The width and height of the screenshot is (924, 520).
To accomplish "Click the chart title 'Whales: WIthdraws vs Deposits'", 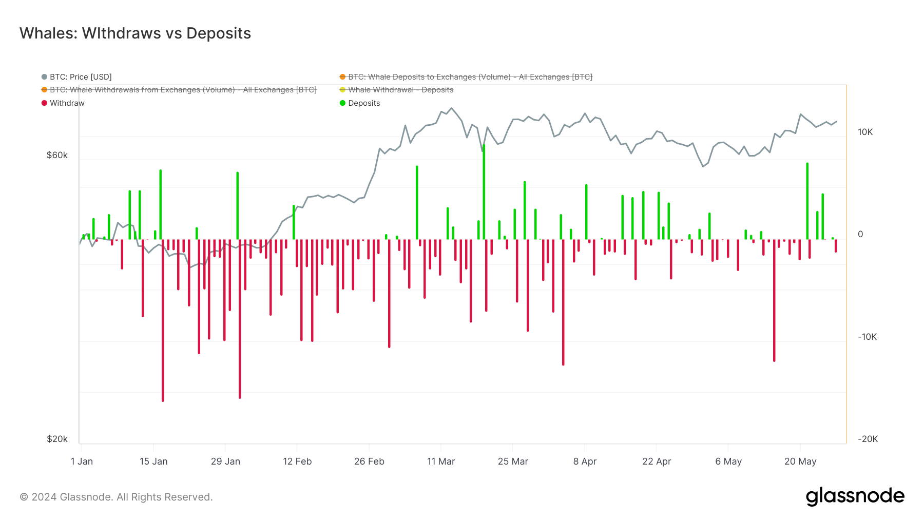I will (135, 33).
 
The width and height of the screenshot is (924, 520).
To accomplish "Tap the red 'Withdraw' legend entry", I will (67, 103).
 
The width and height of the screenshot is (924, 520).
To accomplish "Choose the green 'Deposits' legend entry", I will (363, 103).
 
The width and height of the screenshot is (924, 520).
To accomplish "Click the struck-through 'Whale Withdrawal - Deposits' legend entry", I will (400, 90).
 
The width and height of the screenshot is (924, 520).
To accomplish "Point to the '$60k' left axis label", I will (57, 155).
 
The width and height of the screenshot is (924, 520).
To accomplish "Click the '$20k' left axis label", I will (57, 439).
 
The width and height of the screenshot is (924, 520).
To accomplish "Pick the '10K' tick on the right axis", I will (865, 132).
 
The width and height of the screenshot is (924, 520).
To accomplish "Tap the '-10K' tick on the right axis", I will (867, 337).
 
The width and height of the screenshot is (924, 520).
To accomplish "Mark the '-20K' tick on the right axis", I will (867, 439).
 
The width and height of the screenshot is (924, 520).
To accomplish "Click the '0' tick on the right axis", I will (860, 234).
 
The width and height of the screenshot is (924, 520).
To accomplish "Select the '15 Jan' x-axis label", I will (153, 461).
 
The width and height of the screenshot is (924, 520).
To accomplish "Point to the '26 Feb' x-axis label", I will (369, 461).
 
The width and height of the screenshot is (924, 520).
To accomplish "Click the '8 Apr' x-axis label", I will (585, 461).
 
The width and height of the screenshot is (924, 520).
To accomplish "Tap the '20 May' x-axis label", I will (800, 461).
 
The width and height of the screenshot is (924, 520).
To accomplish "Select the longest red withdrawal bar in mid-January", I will (163, 318).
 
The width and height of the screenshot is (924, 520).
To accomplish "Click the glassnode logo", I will (855, 496).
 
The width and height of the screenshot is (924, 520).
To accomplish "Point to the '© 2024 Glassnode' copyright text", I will (116, 497).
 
